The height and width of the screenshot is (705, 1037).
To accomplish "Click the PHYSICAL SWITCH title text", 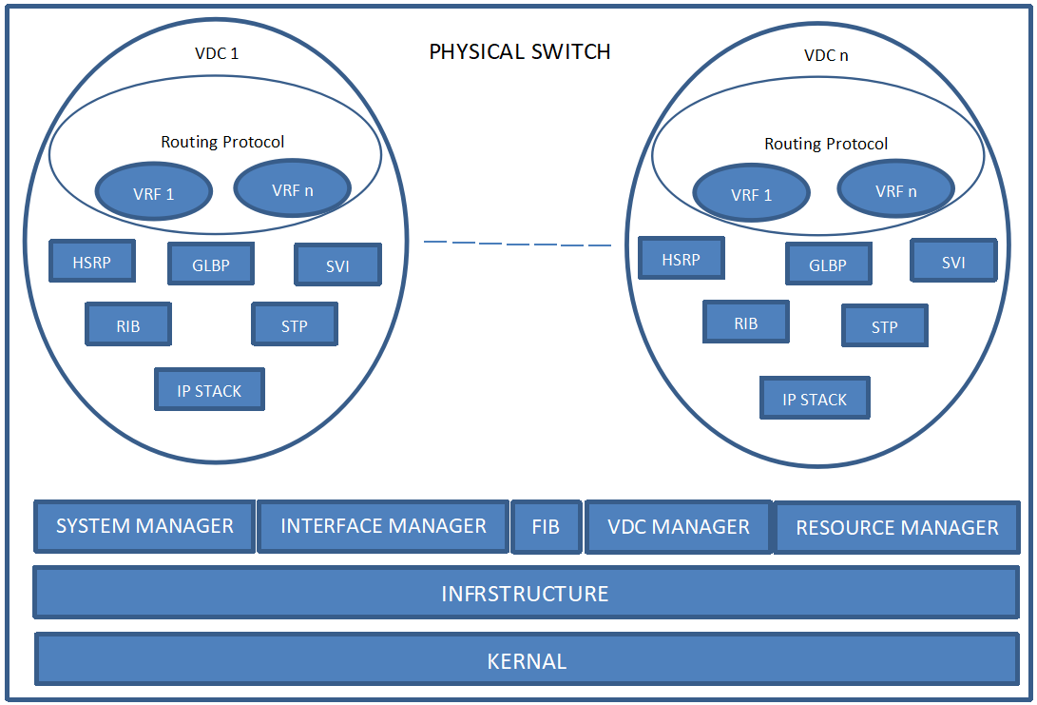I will [x=519, y=51].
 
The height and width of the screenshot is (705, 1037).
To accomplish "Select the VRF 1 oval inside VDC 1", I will [x=154, y=194].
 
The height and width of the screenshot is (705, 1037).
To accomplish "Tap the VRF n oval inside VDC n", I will [x=896, y=190].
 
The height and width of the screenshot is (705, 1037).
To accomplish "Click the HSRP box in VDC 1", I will [x=92, y=262].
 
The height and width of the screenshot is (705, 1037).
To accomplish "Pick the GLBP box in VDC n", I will [x=827, y=264].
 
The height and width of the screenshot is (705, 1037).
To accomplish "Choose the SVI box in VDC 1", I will [x=337, y=265].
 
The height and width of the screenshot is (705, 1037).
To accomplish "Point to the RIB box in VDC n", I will [x=746, y=323].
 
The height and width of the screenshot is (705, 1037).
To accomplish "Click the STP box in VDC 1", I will [x=295, y=325].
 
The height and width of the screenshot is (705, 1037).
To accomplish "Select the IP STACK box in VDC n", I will [x=815, y=399].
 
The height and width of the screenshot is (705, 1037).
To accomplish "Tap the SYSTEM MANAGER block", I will [x=144, y=526].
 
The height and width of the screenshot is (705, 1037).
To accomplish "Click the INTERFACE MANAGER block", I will [x=383, y=526].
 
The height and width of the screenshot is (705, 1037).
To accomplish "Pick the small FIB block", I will [x=546, y=527].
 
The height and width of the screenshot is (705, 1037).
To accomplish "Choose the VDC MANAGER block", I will [x=679, y=527].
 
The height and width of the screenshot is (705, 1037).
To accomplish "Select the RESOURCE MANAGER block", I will [x=896, y=528].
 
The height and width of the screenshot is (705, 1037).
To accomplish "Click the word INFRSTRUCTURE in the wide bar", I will [x=525, y=594].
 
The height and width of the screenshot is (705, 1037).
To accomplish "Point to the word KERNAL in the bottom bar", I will [x=527, y=661].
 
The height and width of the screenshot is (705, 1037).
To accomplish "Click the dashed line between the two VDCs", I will [x=517, y=244].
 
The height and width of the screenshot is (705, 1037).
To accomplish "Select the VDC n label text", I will [x=826, y=55].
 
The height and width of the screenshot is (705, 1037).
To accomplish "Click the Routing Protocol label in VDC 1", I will [x=222, y=142].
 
